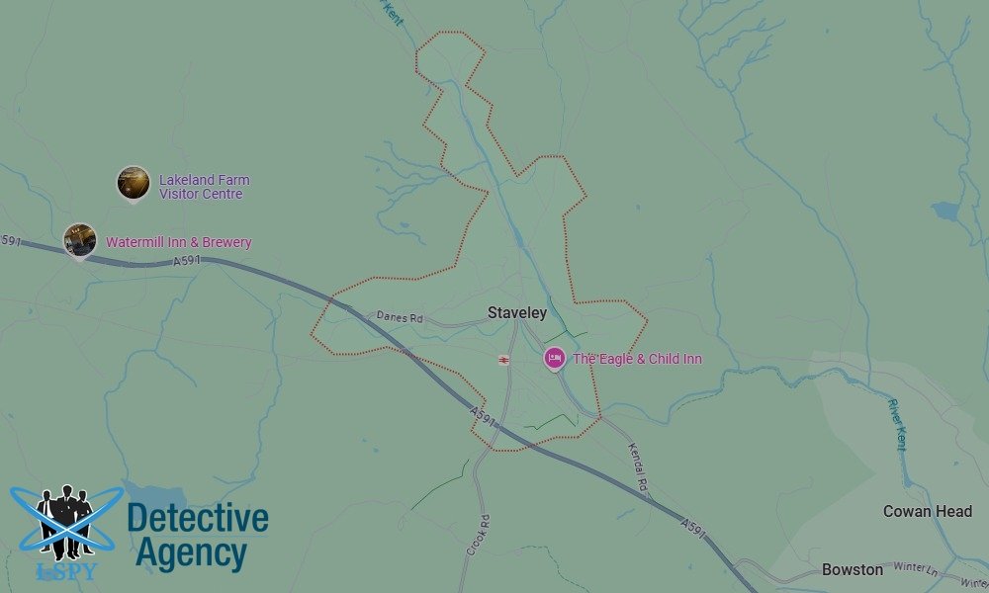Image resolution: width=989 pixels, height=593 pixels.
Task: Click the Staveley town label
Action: pyautogui.click(x=516, y=313)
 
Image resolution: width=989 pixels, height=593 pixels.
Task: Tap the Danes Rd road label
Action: pyautogui.click(x=400, y=318)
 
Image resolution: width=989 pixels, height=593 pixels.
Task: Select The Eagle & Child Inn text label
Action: pyautogui.click(x=637, y=359)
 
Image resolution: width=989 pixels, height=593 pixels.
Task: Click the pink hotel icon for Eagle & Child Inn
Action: pyautogui.click(x=555, y=358)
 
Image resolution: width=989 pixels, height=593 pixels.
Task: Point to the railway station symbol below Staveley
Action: pyautogui.click(x=504, y=359)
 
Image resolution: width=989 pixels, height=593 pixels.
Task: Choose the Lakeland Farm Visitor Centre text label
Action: pyautogui.click(x=204, y=187)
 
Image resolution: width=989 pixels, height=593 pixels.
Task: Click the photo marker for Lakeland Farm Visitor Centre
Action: pyautogui.click(x=133, y=182)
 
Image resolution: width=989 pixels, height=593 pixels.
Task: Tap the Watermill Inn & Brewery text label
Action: pyautogui.click(x=178, y=242)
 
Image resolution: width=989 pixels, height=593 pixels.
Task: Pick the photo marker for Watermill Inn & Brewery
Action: pyautogui.click(x=79, y=239)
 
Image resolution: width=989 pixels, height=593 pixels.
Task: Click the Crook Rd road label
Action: pyautogui.click(x=478, y=535)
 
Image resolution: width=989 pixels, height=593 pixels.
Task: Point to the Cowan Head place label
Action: pyautogui.click(x=928, y=512)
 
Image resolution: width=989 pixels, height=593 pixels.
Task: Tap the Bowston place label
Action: pyautogui.click(x=853, y=570)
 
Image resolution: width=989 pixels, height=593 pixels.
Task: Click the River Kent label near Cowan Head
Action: pyautogui.click(x=897, y=425)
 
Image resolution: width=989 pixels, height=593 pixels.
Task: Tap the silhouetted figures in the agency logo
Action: pyautogui.click(x=65, y=521)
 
